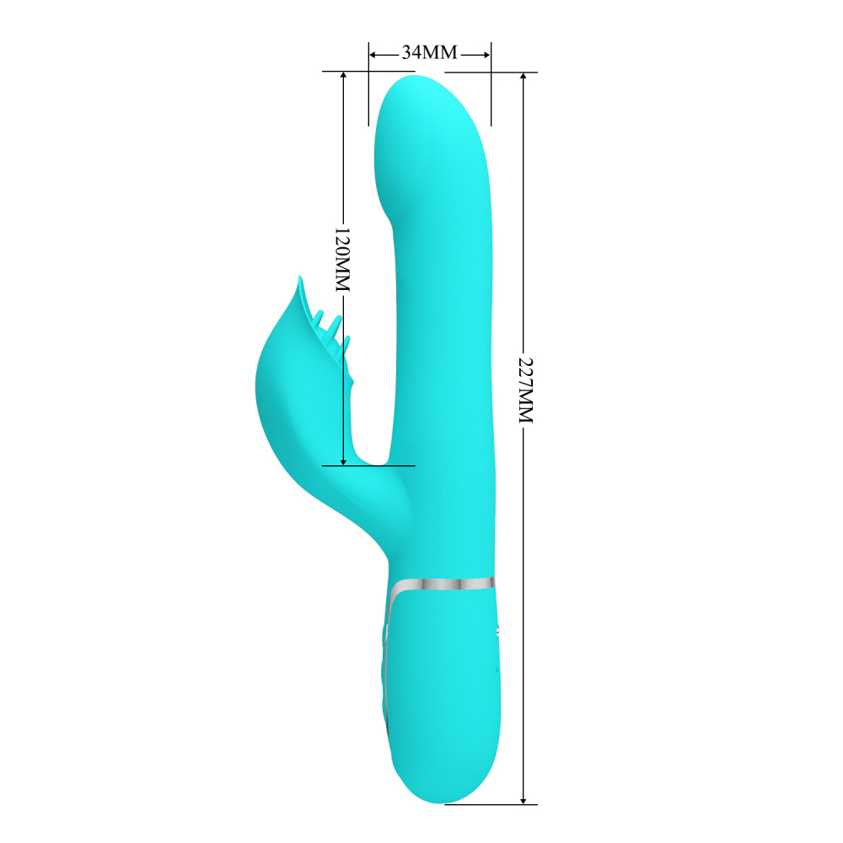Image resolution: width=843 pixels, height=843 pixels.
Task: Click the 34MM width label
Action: [428, 52]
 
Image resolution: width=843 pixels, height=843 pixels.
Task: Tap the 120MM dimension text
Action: [342, 260]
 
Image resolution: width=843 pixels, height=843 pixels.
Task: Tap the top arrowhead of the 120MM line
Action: [343, 76]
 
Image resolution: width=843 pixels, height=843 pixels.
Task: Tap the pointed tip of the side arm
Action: [299, 279]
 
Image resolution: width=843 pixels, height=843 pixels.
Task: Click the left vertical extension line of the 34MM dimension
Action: [368, 93]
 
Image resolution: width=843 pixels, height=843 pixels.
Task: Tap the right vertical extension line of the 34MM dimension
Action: [491, 93]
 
